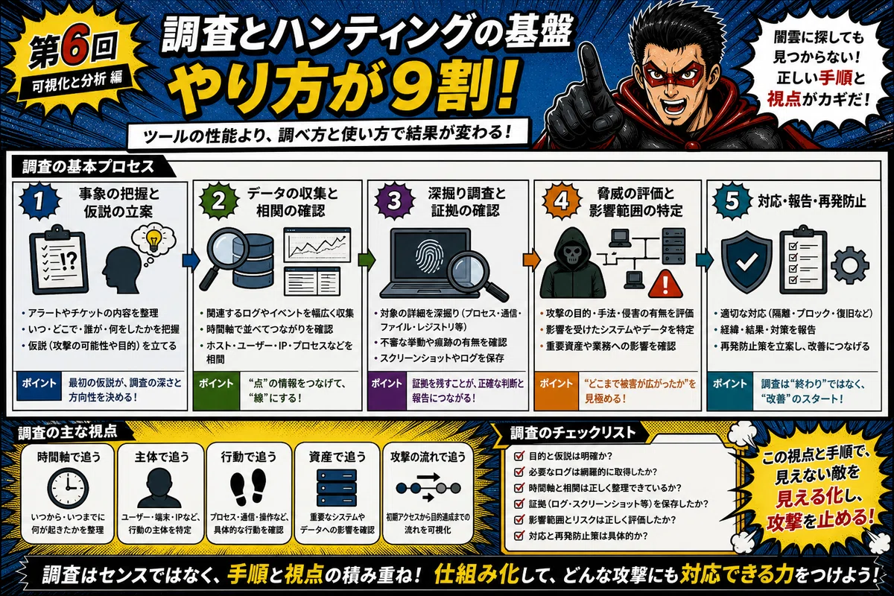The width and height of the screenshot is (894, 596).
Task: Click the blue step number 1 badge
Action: [x=39, y=201]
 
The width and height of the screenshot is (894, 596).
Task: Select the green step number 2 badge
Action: [x=218, y=201]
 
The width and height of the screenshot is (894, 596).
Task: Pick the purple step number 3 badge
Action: [x=394, y=201]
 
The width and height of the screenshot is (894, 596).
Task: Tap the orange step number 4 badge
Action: [x=561, y=201]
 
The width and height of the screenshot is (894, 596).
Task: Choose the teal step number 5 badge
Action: [x=732, y=201]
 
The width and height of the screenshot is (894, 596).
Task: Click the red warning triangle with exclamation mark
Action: [x=665, y=285]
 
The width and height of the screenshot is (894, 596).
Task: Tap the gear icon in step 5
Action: [x=849, y=265]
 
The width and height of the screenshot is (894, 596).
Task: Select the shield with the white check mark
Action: [x=746, y=261]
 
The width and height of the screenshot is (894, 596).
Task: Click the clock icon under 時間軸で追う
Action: [x=68, y=488]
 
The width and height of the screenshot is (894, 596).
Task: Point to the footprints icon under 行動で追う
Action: [x=248, y=486]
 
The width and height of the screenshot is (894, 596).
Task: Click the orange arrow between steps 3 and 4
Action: [x=531, y=260]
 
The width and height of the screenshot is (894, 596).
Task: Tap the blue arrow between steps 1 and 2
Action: [x=191, y=260]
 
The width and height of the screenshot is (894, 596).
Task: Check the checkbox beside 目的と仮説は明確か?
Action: [x=519, y=456]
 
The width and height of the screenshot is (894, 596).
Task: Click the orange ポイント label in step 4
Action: [x=556, y=384]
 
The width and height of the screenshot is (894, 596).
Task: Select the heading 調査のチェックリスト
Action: [x=572, y=433]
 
